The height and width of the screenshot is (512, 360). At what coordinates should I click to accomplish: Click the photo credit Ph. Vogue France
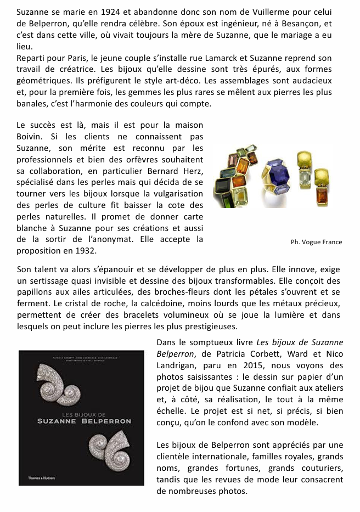(x=316, y=242)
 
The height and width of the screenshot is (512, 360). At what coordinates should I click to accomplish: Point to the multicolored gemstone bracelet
(x=237, y=175)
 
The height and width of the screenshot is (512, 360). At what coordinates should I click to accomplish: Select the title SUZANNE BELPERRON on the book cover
(x=84, y=421)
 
